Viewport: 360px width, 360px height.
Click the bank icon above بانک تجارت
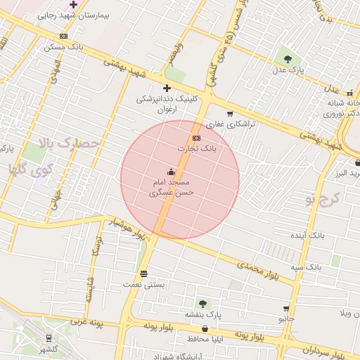click(195, 138)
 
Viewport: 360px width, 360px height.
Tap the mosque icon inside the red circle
click(171, 172)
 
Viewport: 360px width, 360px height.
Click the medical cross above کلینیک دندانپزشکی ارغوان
click(167, 88)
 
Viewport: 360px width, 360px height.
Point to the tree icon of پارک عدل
click(287, 58)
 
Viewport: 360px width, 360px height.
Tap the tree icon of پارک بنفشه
click(202, 304)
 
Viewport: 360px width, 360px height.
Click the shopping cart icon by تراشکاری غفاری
click(230, 113)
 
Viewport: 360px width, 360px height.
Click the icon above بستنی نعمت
click(143, 274)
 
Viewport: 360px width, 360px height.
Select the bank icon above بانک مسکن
click(64, 37)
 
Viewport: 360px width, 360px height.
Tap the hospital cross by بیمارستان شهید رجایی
click(73, 4)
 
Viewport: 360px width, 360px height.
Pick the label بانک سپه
click(308, 267)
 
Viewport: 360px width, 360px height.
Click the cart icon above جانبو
click(285, 309)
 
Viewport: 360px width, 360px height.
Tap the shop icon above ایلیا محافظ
click(205, 328)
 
